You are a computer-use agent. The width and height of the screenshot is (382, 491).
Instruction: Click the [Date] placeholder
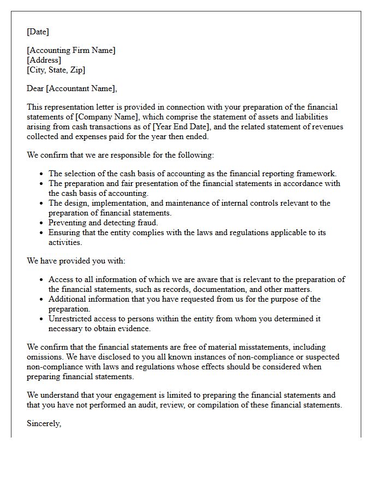[x=38, y=32]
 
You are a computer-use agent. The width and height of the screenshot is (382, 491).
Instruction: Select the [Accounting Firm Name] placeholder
[x=71, y=50]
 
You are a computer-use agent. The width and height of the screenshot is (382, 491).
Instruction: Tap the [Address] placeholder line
[x=44, y=60]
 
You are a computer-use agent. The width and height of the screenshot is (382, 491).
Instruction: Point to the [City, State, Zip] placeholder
[x=56, y=70]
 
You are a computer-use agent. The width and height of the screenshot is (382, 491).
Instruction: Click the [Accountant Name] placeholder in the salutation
[x=81, y=88]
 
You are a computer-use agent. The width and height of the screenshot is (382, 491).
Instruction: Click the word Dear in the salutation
[x=35, y=88]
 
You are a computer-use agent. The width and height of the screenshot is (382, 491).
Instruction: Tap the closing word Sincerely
[x=44, y=423]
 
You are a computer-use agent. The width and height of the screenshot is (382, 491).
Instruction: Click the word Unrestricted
[x=71, y=319]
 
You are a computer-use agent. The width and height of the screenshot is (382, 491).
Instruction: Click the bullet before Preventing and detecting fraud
[x=42, y=223]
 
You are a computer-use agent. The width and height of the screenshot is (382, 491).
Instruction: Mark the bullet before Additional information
[x=42, y=299]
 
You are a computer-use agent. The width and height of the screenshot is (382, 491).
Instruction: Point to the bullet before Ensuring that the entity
[x=42, y=232]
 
